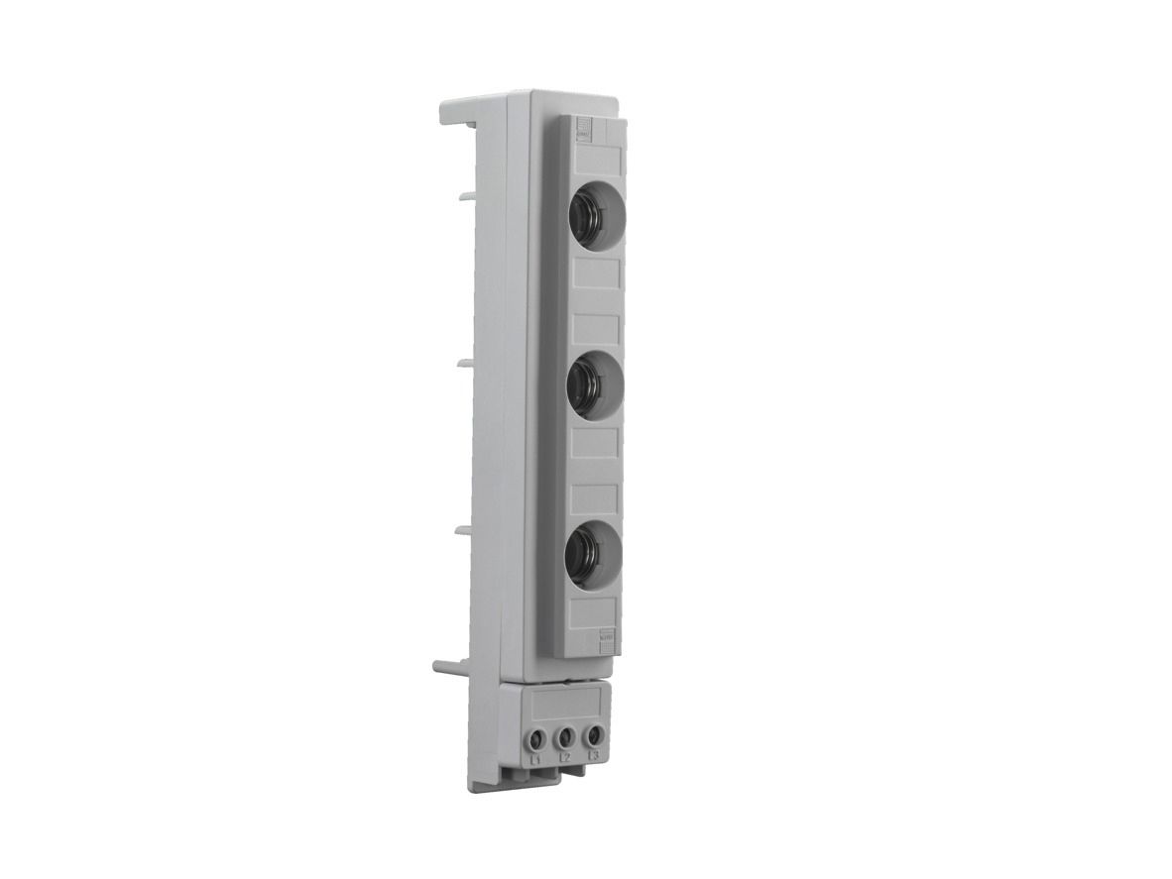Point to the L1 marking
535,758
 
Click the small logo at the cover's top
583,131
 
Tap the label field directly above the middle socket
596,329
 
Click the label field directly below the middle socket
596,442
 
